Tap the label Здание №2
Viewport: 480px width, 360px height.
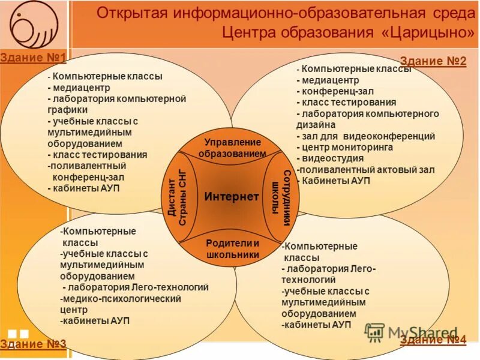[433, 61]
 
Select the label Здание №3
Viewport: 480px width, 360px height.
[33, 344]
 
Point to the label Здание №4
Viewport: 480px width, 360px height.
[433, 340]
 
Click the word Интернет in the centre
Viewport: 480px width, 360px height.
[231, 196]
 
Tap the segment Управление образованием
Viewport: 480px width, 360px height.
[232, 148]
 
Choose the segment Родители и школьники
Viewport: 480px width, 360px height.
[232, 248]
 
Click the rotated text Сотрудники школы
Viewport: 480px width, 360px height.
[281, 197]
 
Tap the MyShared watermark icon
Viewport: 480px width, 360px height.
[375, 332]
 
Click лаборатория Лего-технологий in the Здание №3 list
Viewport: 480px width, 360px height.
[138, 287]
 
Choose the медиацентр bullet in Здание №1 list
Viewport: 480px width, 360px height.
[77, 87]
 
